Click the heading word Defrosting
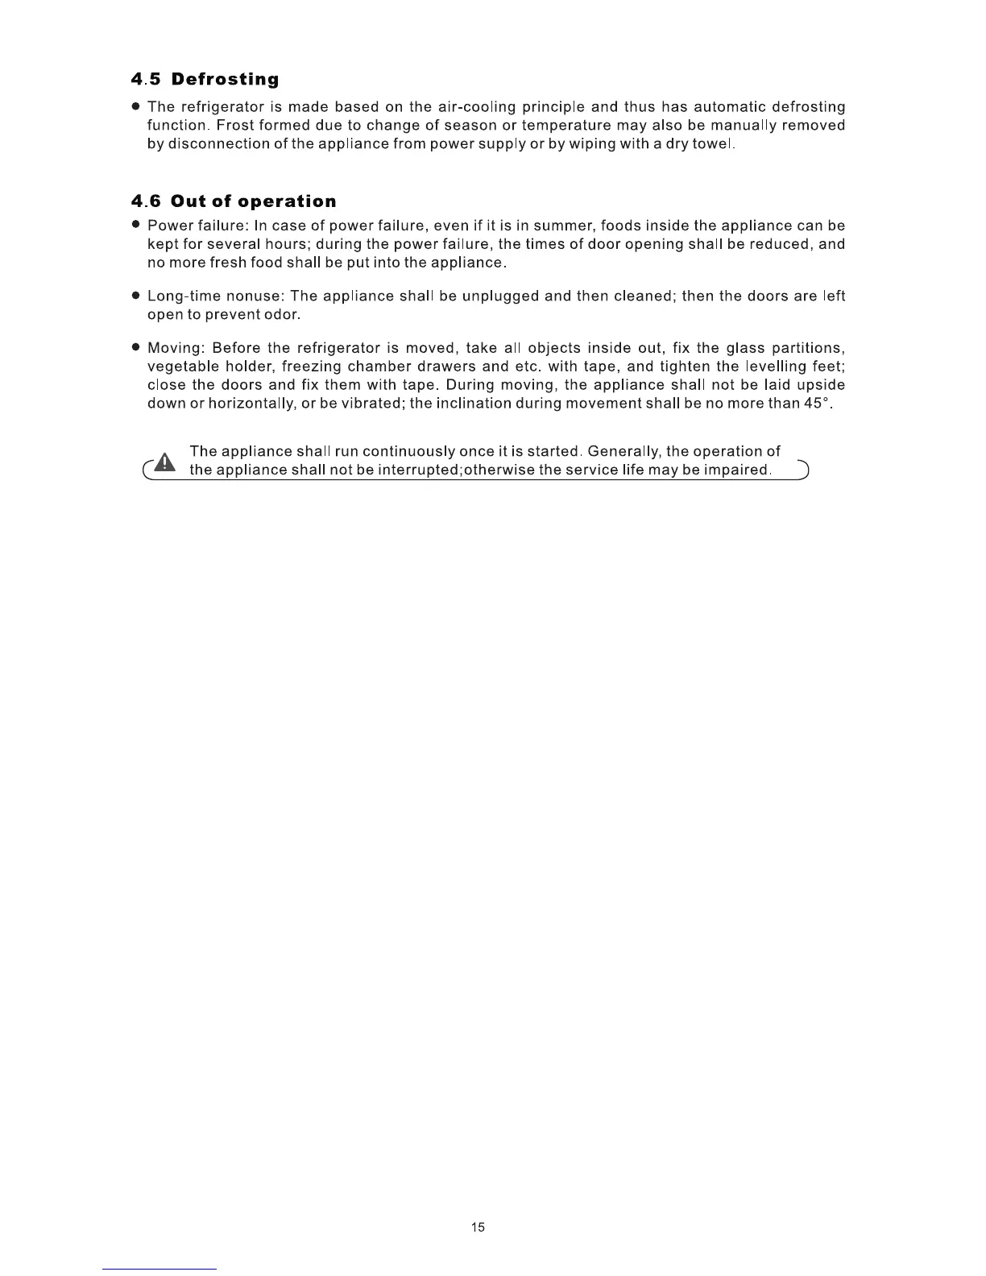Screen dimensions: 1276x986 [225, 79]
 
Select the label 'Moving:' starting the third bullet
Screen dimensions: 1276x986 [176, 348]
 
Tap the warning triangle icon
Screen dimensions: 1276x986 [165, 462]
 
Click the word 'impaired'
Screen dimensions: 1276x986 [737, 470]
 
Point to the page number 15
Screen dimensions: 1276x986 [478, 1228]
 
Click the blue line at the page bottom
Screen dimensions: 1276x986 [159, 1269]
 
